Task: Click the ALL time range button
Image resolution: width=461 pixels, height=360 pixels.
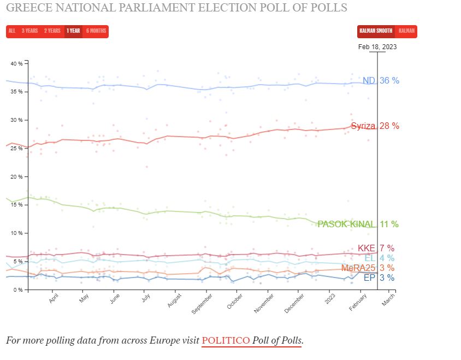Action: point(12,31)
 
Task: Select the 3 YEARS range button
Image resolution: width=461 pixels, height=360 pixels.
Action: point(29,31)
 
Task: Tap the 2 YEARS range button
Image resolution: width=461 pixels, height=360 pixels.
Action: point(52,31)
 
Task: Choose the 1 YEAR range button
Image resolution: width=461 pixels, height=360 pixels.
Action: point(74,31)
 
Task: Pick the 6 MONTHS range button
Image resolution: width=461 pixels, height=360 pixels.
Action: point(96,31)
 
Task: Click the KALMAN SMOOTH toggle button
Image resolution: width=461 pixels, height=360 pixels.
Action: point(376,31)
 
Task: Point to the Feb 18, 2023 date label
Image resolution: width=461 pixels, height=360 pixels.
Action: point(377,47)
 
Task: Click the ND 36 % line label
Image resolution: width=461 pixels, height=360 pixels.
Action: point(381,81)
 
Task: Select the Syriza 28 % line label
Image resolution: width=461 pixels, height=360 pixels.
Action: point(375,126)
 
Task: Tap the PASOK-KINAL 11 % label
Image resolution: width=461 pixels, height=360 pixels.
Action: point(358,224)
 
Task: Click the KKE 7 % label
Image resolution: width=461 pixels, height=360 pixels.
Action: point(375,249)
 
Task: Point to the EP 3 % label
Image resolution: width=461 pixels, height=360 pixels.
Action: point(379,278)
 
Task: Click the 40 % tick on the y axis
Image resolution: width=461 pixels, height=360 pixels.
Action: point(17,63)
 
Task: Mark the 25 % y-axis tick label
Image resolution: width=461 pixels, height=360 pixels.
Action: point(17,149)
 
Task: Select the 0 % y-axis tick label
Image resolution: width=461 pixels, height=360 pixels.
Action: point(18,290)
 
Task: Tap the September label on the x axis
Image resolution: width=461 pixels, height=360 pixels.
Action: point(202,304)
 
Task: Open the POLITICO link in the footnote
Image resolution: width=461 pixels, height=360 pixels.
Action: point(225,340)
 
